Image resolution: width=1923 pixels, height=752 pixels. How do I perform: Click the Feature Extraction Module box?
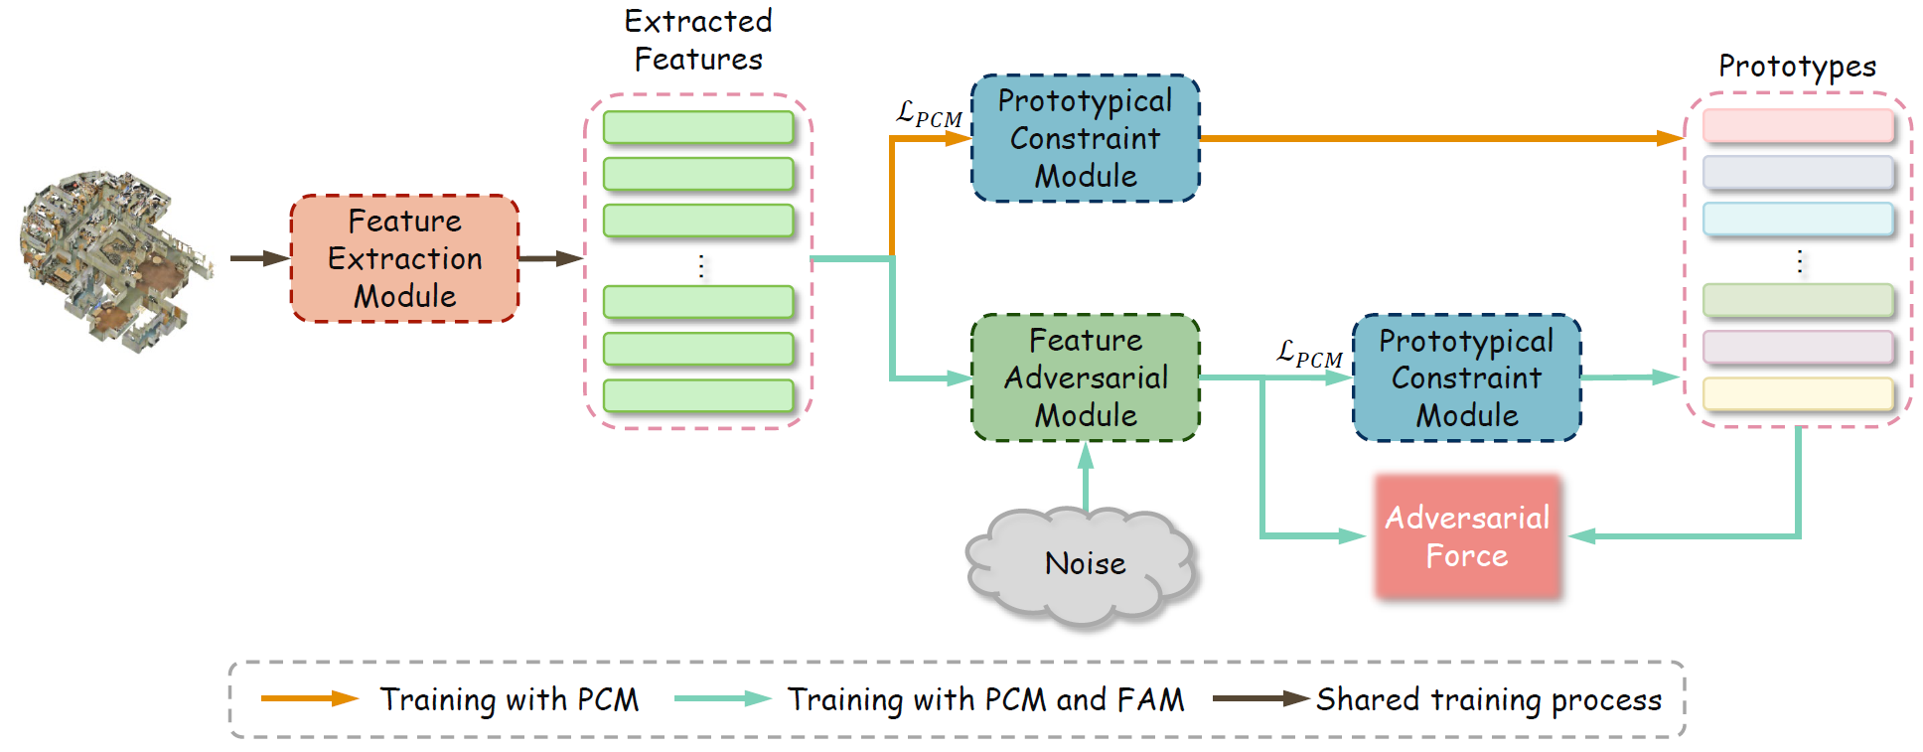(x=404, y=258)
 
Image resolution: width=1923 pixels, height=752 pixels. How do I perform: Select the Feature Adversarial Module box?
(x=1086, y=377)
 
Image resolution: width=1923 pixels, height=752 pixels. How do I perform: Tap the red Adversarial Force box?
(x=1467, y=536)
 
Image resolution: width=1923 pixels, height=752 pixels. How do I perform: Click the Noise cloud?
(x=1084, y=565)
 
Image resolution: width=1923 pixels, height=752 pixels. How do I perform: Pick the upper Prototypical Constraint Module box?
(x=1086, y=138)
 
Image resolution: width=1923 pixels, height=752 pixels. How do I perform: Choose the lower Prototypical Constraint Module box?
(x=1467, y=377)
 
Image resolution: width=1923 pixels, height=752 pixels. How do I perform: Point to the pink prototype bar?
(x=1798, y=126)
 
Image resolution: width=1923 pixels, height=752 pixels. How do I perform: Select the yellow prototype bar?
(x=1798, y=394)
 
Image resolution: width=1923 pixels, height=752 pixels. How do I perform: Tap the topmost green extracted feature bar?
(x=698, y=127)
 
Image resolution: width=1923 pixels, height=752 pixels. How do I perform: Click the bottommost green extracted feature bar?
(x=698, y=395)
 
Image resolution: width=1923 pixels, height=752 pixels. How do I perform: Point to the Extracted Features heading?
(x=698, y=40)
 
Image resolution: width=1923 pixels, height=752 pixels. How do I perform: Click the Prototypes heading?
(x=1798, y=67)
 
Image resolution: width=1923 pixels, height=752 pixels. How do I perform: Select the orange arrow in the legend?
(x=309, y=698)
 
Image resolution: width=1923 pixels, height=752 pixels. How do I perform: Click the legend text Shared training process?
(x=1489, y=699)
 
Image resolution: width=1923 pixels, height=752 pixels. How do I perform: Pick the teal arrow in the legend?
(x=722, y=698)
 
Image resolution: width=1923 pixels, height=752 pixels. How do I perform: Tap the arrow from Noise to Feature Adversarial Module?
(x=1086, y=478)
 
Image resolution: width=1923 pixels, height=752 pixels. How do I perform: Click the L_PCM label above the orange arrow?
(x=929, y=114)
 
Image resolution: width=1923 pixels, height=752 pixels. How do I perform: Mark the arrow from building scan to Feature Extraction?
(x=260, y=258)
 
